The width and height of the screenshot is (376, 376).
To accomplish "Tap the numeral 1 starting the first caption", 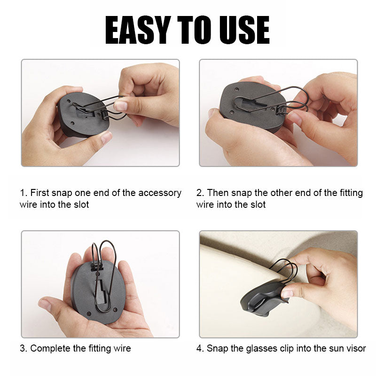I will tap(22, 193).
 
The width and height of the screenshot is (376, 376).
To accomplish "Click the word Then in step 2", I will tap(218, 193).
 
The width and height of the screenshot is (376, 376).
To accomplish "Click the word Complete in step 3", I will tap(51, 348).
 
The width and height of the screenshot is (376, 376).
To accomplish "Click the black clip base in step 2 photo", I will tap(249, 106).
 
